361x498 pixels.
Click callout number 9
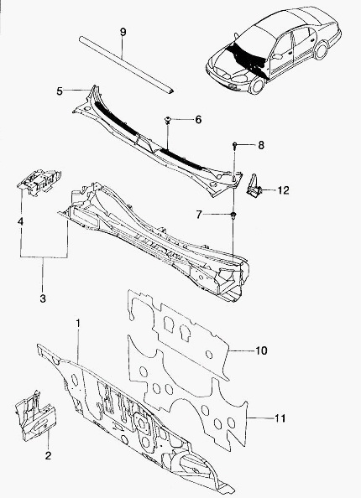(x=123, y=32)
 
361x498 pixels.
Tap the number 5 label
(x=60, y=91)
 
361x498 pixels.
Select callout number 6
(x=198, y=120)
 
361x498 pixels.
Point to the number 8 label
(x=261, y=146)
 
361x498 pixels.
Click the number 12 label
(x=284, y=190)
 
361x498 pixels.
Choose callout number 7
(x=199, y=215)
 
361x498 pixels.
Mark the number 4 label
(x=20, y=221)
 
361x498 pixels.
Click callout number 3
(x=43, y=298)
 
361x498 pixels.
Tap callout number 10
(x=261, y=350)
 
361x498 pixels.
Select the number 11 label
(x=280, y=418)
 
